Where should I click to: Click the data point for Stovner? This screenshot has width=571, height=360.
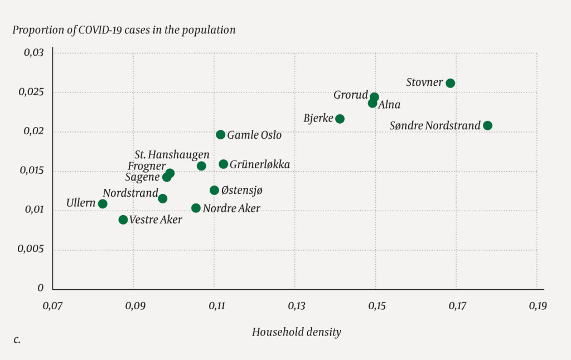coord(451,83)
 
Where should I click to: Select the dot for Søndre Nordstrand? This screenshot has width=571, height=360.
coord(487,125)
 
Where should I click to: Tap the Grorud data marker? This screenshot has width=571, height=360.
coord(374,97)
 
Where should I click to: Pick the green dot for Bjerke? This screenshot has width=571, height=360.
coord(340,119)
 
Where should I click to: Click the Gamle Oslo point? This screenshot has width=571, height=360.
coord(221,135)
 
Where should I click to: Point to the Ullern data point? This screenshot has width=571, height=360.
coord(103,204)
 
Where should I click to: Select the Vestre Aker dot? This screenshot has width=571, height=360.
coord(123,220)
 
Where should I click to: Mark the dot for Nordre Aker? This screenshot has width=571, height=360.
coord(196,208)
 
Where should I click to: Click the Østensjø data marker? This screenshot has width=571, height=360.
coord(214,191)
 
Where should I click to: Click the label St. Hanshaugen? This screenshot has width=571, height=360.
coord(172,154)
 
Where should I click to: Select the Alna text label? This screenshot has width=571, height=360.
coord(389,105)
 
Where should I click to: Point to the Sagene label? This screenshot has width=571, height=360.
coord(142,178)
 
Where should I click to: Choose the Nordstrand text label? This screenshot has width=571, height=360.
coord(130,193)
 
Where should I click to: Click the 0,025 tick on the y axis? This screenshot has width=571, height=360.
coord(32,93)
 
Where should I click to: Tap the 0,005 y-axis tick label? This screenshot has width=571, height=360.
coord(32,250)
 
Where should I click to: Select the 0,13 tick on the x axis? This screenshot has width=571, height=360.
coord(296,306)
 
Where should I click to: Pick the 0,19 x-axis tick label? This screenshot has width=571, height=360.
coord(538,306)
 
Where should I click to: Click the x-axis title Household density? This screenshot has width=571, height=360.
coord(296,332)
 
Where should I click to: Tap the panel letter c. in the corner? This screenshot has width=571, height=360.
coord(17,339)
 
